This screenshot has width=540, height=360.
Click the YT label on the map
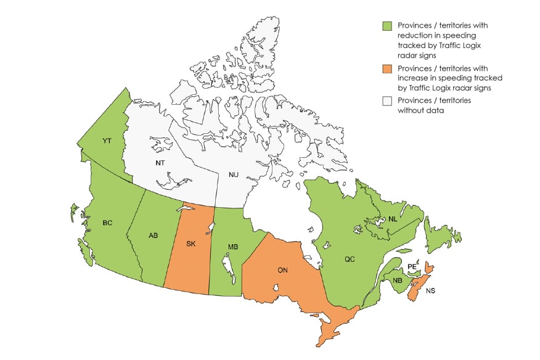click(107, 141)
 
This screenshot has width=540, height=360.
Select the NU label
click(234, 175)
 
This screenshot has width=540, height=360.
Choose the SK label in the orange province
click(191, 243)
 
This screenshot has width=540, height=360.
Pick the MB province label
click(233, 247)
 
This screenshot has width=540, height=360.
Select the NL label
click(393, 219)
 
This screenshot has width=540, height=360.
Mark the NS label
click(430, 290)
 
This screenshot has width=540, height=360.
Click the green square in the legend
click(387, 26)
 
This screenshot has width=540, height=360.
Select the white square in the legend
click(387, 101)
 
